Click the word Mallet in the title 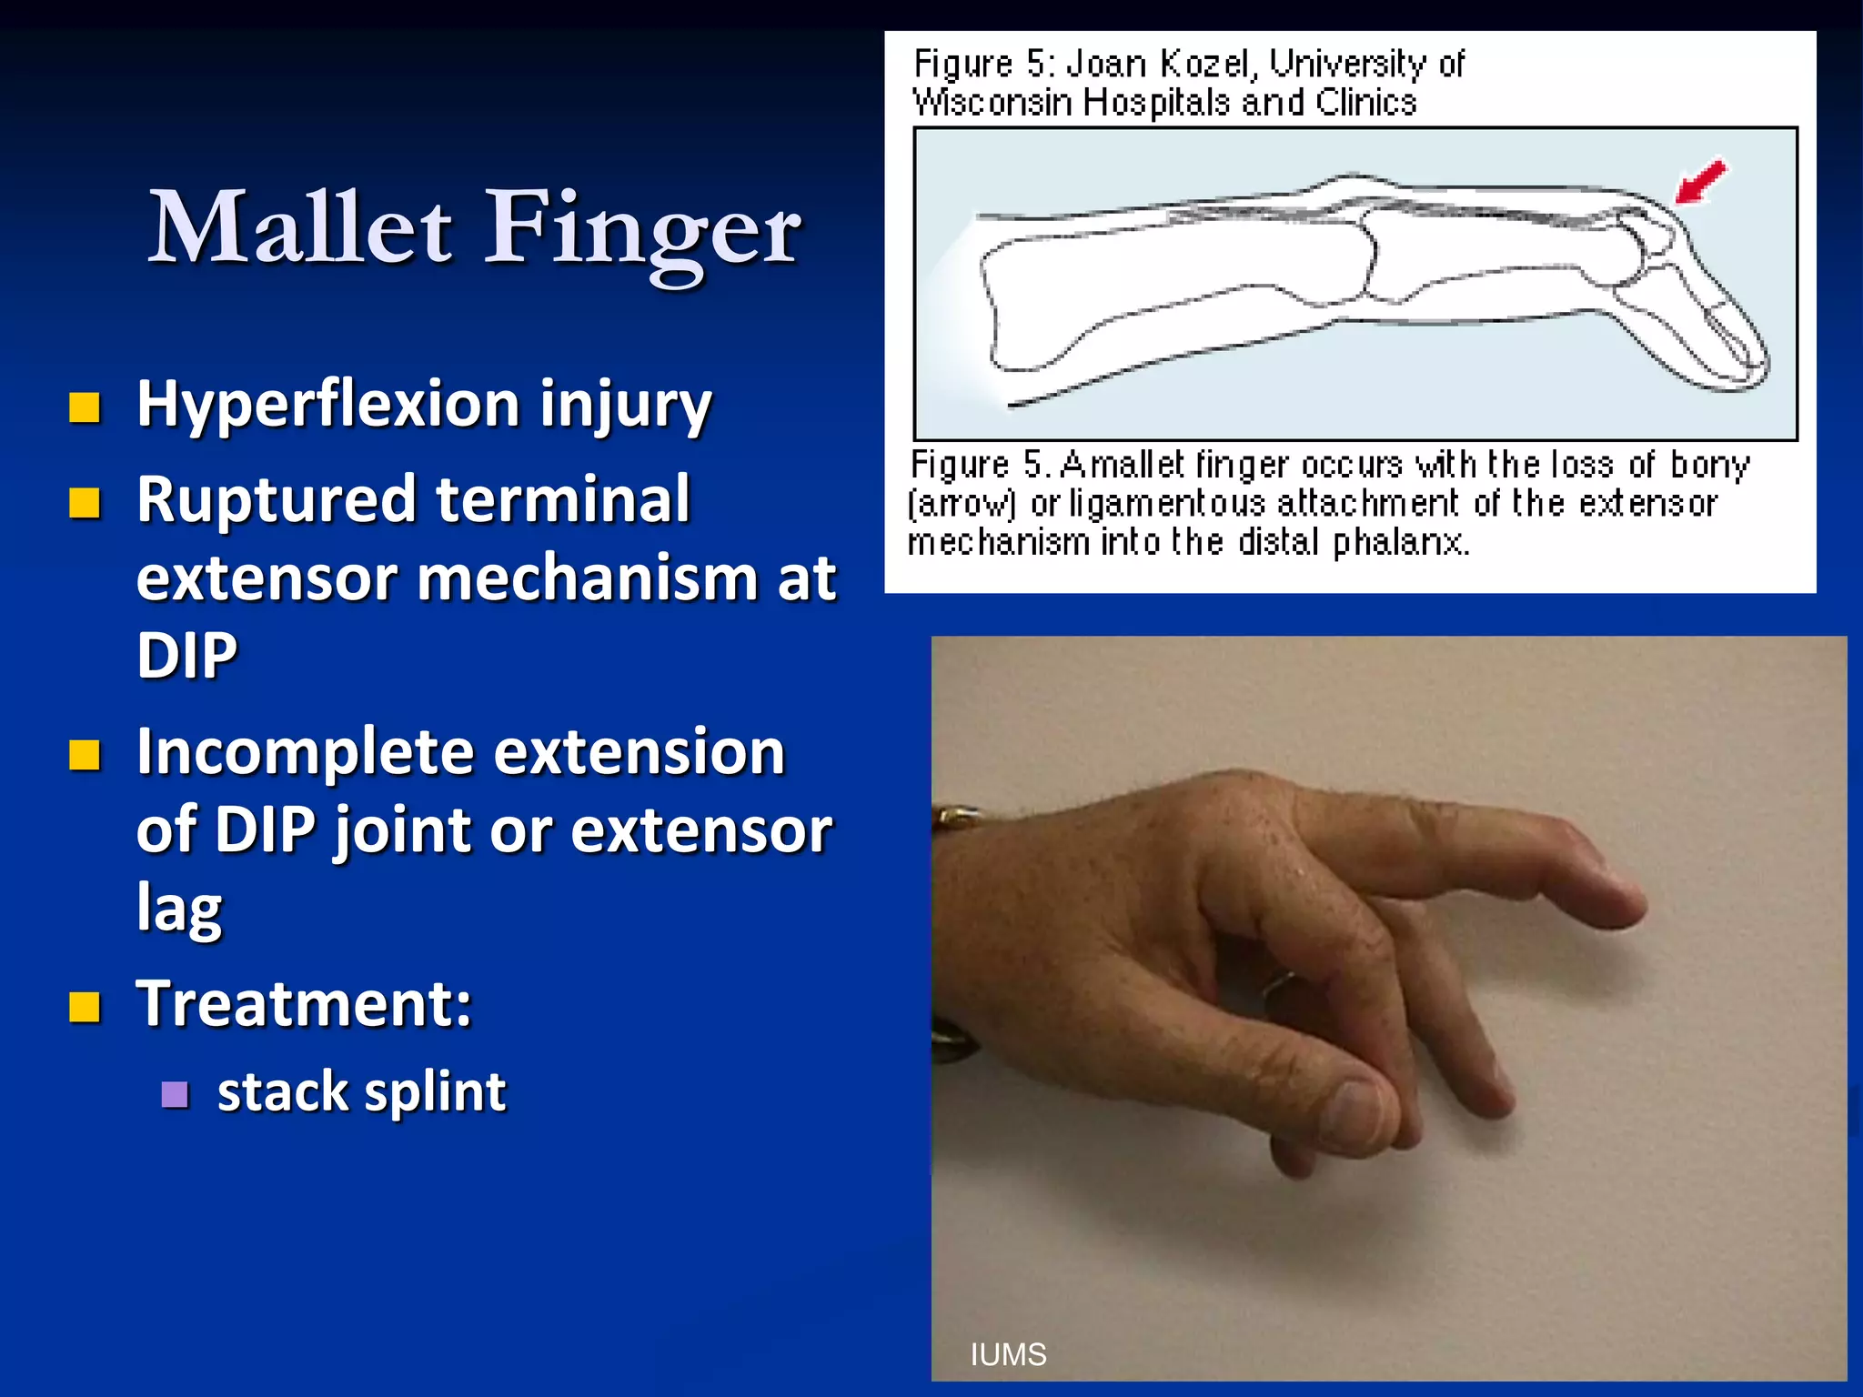(x=300, y=227)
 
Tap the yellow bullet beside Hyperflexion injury (x=85, y=408)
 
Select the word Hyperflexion (x=327, y=405)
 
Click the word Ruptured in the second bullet (x=277, y=500)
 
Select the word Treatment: (x=304, y=1004)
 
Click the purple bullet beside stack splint (x=175, y=1094)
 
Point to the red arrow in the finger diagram (x=1699, y=182)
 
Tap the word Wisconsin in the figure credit (x=992, y=102)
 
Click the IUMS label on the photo (x=1008, y=1354)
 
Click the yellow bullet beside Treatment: (x=85, y=1008)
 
